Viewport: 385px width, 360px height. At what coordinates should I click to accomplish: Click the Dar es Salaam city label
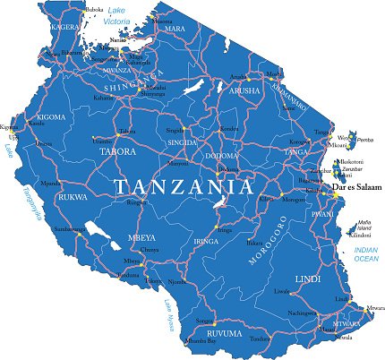click(x=355, y=188)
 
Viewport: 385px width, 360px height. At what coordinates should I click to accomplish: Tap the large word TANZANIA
click(x=184, y=186)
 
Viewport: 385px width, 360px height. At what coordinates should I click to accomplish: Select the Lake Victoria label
click(x=115, y=15)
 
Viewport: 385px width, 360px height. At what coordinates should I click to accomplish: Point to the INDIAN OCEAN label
click(x=366, y=253)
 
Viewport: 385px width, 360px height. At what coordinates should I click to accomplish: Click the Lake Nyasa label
click(x=167, y=318)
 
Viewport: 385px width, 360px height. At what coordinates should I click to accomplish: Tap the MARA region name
click(x=175, y=30)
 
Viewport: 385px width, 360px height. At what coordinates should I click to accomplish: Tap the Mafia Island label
click(x=364, y=225)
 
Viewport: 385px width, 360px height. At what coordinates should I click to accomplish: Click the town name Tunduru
click(x=259, y=339)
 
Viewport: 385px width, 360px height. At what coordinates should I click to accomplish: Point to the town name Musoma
click(x=162, y=20)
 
